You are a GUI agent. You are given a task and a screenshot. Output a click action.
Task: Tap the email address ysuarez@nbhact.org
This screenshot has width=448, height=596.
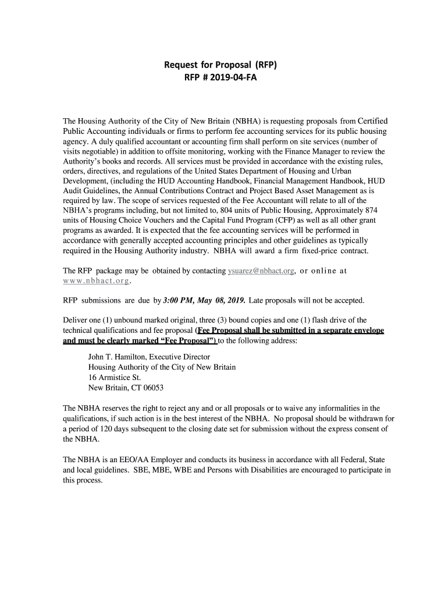click(261, 271)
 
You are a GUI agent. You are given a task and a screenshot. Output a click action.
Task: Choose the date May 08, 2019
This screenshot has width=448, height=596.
click(222, 300)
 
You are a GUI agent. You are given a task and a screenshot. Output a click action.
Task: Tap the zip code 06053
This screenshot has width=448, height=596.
click(154, 388)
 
